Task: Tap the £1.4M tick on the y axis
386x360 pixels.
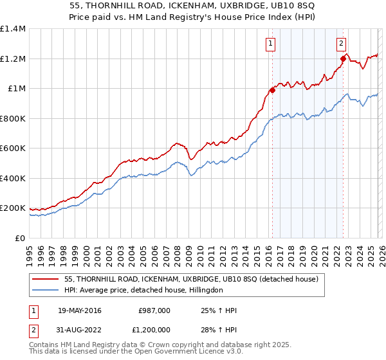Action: pos(13,29)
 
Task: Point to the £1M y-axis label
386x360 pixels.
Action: pos(15,89)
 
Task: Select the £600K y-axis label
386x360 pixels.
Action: pos(13,148)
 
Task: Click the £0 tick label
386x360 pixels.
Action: pos(20,238)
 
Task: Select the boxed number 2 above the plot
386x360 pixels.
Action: pos(341,44)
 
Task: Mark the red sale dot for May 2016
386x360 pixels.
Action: pos(272,91)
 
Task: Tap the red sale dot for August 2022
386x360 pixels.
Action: pos(344,59)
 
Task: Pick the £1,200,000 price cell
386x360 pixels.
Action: pos(151,330)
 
